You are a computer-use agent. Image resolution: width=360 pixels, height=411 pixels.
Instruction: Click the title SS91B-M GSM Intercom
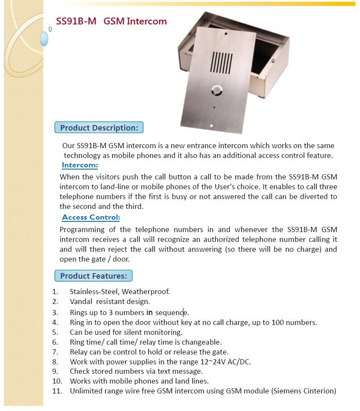pyautogui.click(x=111, y=21)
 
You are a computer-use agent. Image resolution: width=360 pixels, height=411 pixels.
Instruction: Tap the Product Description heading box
pyautogui.click(x=99, y=128)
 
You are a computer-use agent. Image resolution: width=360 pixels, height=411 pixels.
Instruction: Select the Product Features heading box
pyautogui.click(x=93, y=276)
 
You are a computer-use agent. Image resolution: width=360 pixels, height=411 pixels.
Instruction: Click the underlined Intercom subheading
pyautogui.click(x=80, y=165)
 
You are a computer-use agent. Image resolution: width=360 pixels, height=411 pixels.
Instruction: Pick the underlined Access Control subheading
pyautogui.click(x=91, y=217)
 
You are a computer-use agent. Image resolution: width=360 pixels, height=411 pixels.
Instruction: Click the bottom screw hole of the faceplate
pyautogui.click(x=211, y=125)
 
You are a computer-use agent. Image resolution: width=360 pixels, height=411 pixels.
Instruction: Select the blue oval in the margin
pyautogui.click(x=44, y=39)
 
